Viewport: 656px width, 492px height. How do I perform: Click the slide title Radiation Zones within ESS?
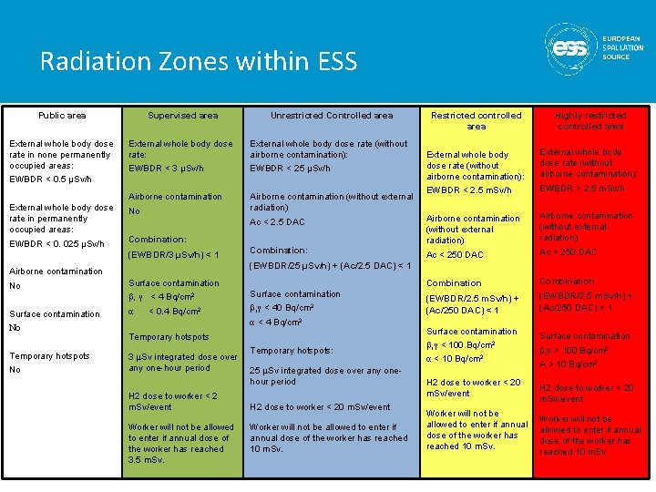(199, 62)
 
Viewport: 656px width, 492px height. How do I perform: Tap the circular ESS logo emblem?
(570, 47)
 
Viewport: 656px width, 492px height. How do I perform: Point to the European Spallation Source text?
(622, 47)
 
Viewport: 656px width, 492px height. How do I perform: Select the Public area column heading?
(62, 116)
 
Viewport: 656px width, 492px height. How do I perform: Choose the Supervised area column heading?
(183, 116)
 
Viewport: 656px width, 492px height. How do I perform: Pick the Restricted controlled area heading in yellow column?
(477, 121)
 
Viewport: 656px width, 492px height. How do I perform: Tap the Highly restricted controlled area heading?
(591, 121)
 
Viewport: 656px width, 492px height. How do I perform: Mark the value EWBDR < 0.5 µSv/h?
(50, 179)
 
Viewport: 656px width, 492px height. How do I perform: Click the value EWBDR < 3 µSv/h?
(166, 169)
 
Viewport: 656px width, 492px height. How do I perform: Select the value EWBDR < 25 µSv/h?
(291, 169)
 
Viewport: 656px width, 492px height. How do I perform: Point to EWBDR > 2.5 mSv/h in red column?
(582, 189)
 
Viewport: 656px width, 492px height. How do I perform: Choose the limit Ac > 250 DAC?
(569, 252)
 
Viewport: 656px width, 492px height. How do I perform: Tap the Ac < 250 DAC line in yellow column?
(455, 255)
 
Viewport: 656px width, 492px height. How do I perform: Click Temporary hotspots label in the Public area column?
(49, 356)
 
